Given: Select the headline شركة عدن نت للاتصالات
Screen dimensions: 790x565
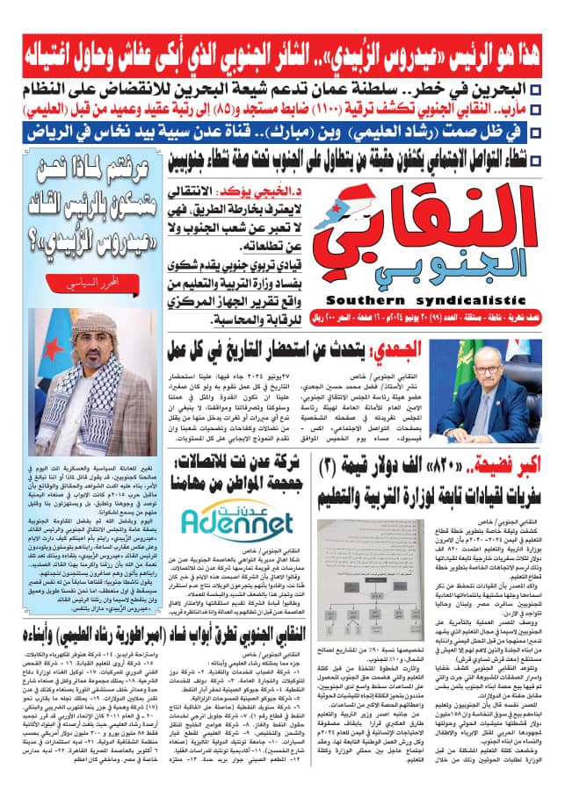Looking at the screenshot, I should [x=240, y=470].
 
